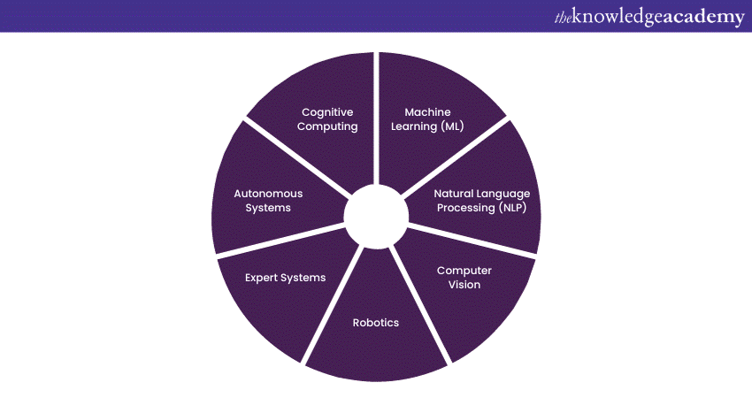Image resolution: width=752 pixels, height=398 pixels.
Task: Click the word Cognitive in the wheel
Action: [327, 112]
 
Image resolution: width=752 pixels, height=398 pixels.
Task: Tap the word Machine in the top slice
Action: [427, 112]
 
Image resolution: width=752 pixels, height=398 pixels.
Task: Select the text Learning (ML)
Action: [428, 126]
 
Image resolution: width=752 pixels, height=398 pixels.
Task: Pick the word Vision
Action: [464, 285]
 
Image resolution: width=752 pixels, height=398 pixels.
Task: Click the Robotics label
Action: [376, 323]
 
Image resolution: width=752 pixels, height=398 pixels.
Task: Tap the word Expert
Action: [263, 278]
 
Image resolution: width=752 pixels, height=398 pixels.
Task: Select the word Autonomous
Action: [268, 193]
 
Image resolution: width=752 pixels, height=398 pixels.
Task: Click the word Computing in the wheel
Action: [327, 126]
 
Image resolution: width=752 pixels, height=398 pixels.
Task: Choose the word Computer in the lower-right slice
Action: [464, 271]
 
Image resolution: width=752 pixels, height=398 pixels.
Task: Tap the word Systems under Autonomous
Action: [268, 208]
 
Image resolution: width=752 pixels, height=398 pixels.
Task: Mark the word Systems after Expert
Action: [303, 278]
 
